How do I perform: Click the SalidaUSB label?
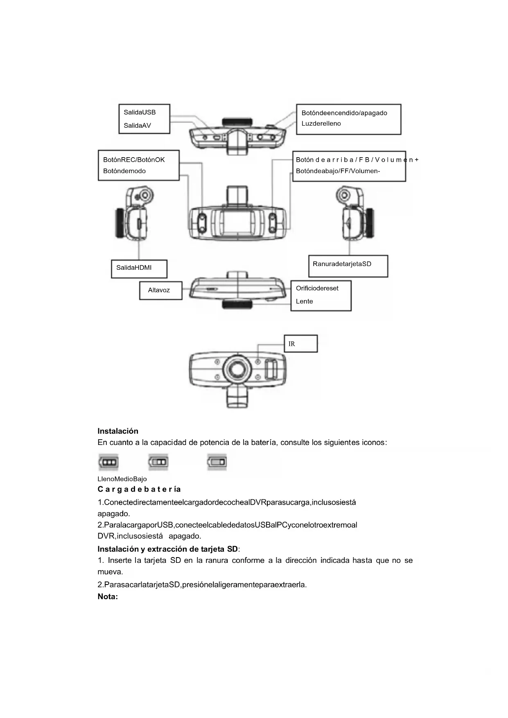(140, 112)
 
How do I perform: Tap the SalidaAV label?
(137, 126)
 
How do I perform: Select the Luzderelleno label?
(321, 124)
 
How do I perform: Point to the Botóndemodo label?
(124, 171)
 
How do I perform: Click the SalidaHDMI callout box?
(139, 269)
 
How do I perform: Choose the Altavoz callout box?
(160, 290)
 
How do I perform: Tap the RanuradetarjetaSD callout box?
(348, 266)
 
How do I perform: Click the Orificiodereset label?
(317, 288)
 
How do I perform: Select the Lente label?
(304, 301)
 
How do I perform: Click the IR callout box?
(300, 344)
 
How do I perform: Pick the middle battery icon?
(158, 462)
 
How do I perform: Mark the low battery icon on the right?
(217, 462)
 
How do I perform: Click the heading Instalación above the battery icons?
(118, 431)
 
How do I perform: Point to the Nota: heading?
(108, 597)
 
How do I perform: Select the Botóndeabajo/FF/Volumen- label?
(338, 171)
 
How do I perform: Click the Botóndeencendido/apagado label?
(344, 113)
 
